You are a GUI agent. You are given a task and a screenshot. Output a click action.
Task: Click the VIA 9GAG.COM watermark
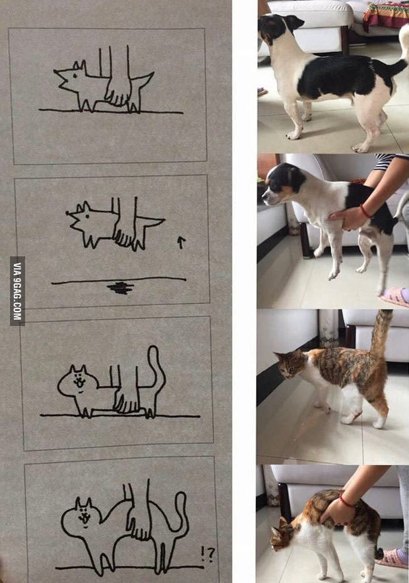(x=17, y=291)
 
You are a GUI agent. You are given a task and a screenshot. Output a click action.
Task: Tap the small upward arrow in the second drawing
(x=181, y=242)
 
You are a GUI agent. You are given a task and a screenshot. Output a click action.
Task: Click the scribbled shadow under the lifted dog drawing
(x=120, y=287)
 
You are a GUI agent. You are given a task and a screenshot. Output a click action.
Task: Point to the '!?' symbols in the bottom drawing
(x=207, y=554)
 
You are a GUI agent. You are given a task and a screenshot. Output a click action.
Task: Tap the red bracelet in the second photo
(x=365, y=211)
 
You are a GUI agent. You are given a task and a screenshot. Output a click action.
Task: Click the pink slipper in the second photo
(x=394, y=296)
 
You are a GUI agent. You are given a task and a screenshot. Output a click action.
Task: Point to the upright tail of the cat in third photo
(x=381, y=333)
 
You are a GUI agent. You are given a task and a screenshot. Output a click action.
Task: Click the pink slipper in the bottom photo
(x=393, y=559)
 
